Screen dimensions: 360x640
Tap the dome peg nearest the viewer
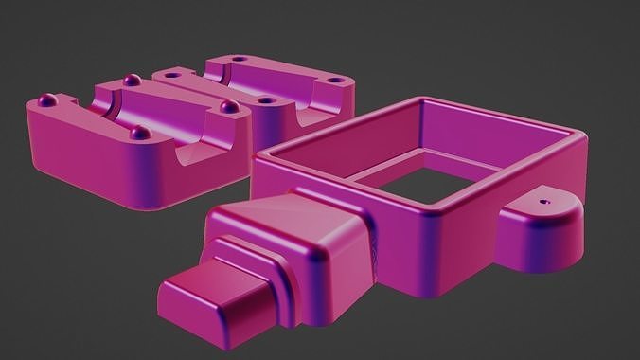139,133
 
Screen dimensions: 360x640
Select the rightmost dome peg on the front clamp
227,107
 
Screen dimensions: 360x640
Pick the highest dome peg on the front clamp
131,78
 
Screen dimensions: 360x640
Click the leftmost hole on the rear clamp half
172,73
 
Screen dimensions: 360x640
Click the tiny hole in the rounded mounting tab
542,202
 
